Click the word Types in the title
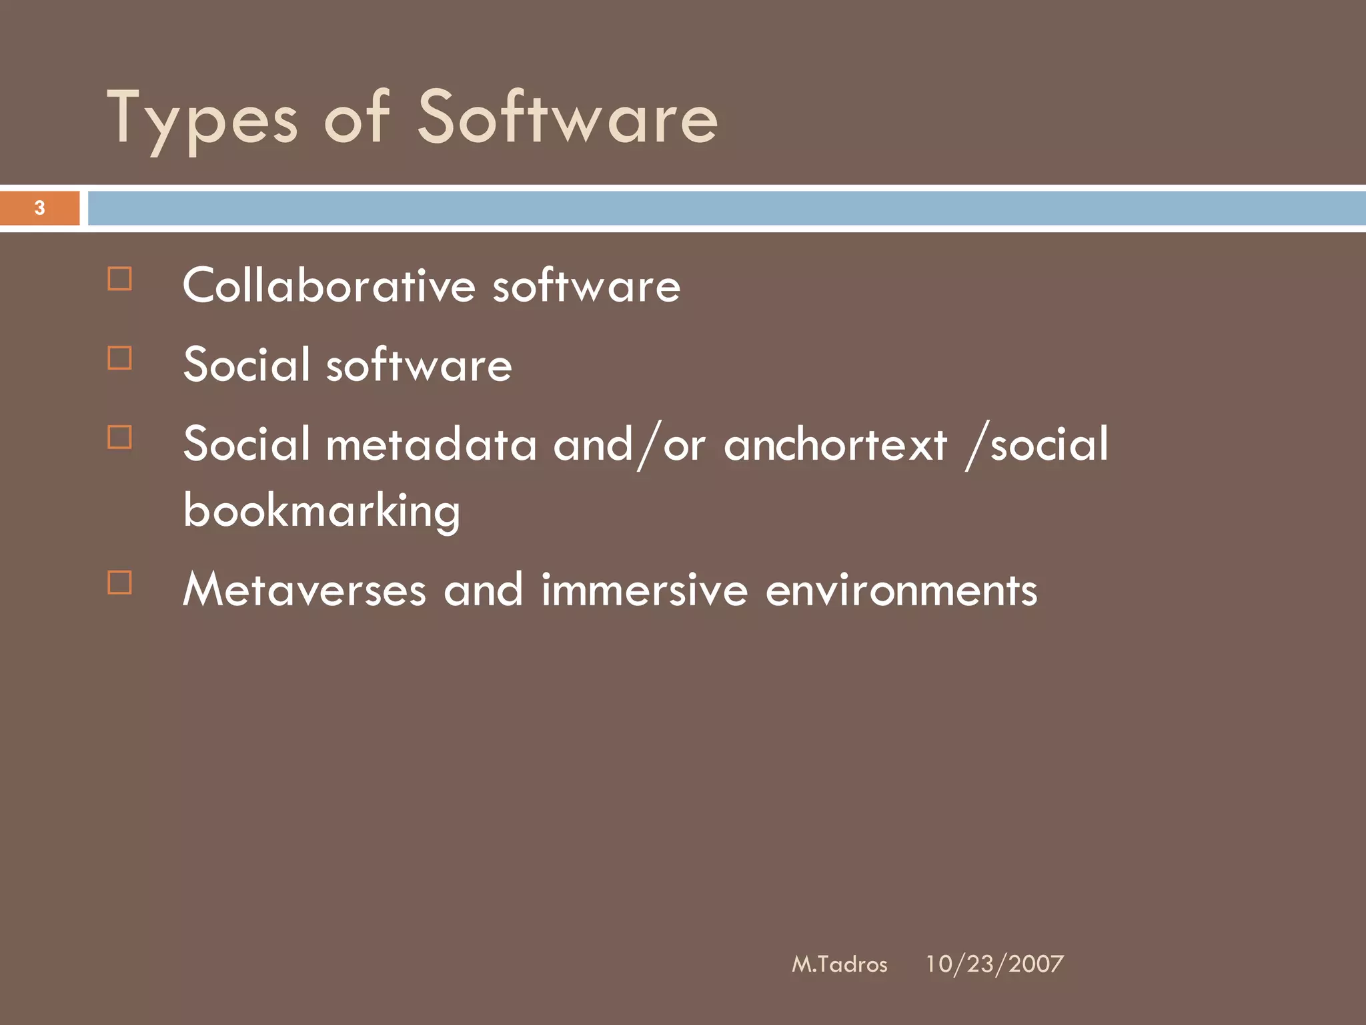(x=202, y=120)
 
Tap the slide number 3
(x=40, y=208)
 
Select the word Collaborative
(x=329, y=286)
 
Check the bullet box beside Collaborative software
(x=119, y=279)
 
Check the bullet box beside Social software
(x=119, y=358)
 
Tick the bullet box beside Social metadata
(x=119, y=438)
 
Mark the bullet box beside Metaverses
(x=119, y=583)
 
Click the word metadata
(x=431, y=444)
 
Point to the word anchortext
(x=835, y=444)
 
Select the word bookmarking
(x=321, y=511)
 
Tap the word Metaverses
(x=304, y=590)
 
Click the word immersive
(x=644, y=590)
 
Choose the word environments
(x=901, y=590)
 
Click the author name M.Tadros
(x=839, y=964)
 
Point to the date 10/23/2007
(x=994, y=964)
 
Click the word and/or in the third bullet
(x=629, y=444)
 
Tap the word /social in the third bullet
(x=1037, y=444)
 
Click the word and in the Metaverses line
(x=483, y=590)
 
